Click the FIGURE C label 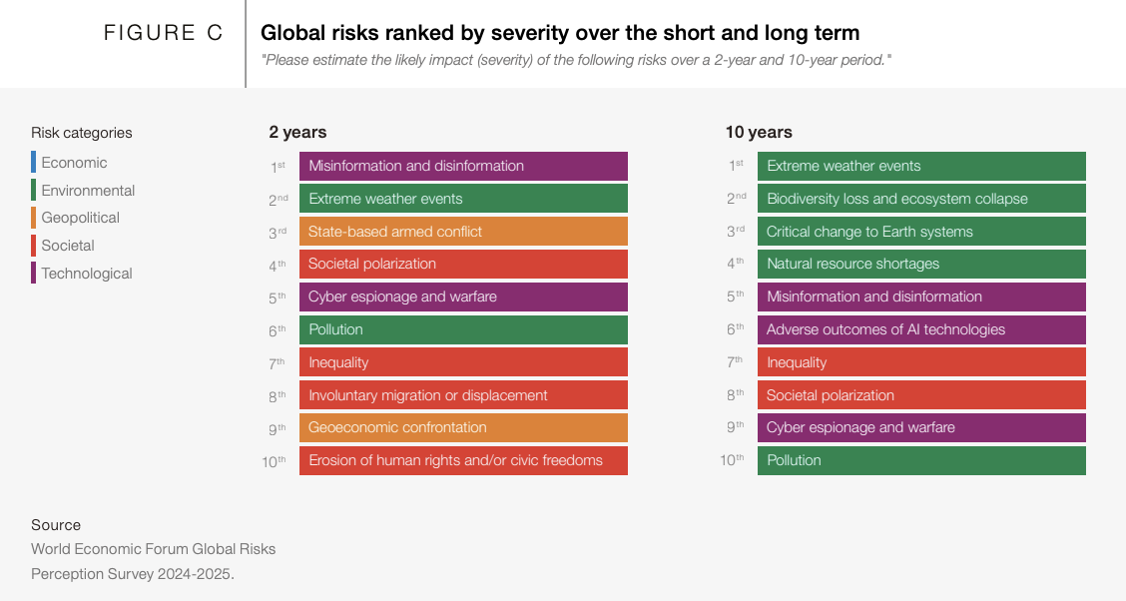click(x=163, y=33)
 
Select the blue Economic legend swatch click(x=33, y=162)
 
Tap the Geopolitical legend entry click(x=80, y=218)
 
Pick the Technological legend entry click(x=86, y=274)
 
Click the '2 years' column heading click(x=297, y=132)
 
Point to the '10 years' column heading click(x=759, y=132)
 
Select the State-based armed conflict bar click(x=463, y=232)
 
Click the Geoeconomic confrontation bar click(x=463, y=427)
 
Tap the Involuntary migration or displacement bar click(x=463, y=395)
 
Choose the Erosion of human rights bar click(x=463, y=460)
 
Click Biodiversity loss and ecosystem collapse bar click(x=920, y=199)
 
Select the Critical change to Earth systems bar click(x=920, y=232)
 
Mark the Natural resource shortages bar click(x=920, y=264)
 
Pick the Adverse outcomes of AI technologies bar click(x=920, y=329)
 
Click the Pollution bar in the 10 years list click(x=920, y=460)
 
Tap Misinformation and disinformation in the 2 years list click(x=463, y=166)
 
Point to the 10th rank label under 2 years click(x=275, y=461)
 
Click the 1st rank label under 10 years click(x=736, y=166)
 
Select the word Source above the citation click(x=56, y=525)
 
